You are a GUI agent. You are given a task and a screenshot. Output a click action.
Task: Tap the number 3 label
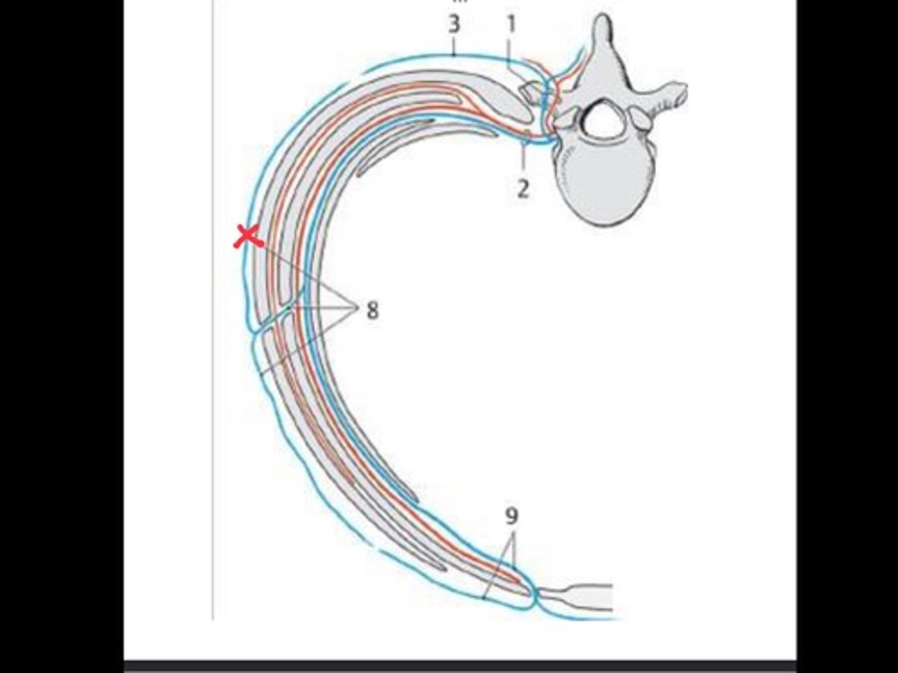coord(454,25)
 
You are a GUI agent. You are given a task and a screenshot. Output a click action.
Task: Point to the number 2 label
coord(523,188)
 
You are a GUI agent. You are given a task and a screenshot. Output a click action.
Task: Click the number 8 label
coord(372,310)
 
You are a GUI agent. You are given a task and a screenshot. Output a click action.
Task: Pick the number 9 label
coord(511,516)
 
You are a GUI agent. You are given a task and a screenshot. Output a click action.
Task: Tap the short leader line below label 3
coord(455,47)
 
